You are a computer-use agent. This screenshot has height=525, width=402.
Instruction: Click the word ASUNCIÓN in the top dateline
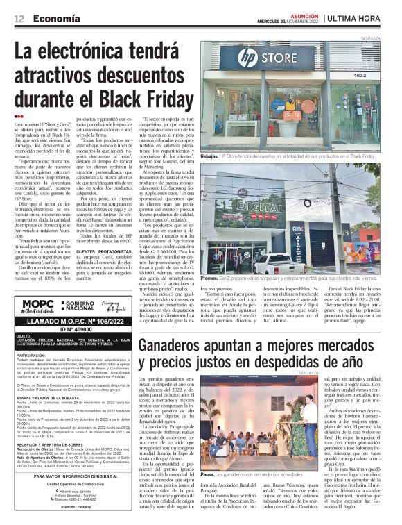tap(304, 14)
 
